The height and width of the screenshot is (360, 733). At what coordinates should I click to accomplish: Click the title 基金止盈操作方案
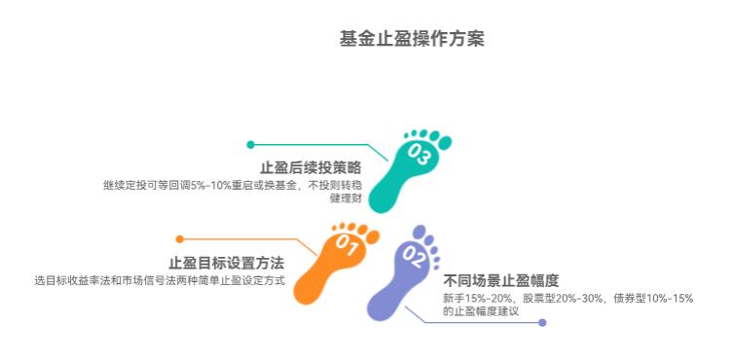[x=412, y=40]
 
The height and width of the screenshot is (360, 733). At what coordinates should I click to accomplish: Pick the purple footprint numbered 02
[x=399, y=277]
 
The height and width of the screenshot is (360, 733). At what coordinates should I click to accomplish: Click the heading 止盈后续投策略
[x=310, y=166]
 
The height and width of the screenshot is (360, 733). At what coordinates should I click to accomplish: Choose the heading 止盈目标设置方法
[x=226, y=263]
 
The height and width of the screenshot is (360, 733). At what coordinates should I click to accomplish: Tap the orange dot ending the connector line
[x=179, y=238]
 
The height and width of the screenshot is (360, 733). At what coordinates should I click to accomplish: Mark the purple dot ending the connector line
[x=542, y=322]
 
